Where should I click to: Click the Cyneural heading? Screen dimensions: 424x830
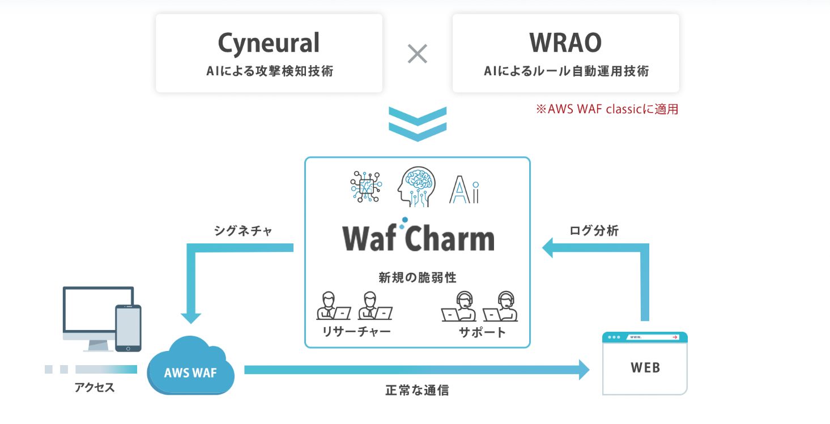pos(269,43)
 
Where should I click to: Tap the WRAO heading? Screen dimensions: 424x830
pos(565,43)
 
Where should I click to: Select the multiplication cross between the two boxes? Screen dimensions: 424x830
pos(418,54)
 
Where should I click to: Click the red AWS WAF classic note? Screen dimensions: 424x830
pos(607,109)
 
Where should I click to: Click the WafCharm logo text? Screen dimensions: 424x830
pos(418,238)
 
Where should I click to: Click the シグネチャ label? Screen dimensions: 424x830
pos(244,231)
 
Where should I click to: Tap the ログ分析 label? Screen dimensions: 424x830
pos(594,231)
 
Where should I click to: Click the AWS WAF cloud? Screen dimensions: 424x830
pos(190,367)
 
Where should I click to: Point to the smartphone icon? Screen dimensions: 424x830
pos(128,328)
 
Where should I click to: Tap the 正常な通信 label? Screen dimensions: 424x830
pos(417,390)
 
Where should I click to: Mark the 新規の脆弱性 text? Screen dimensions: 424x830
pos(418,278)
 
